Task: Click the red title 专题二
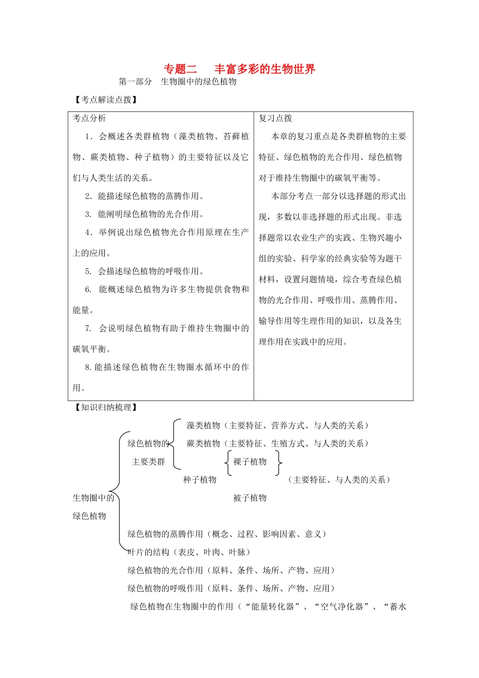pyautogui.click(x=181, y=69)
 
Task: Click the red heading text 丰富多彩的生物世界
pyautogui.click(x=265, y=69)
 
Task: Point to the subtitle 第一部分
pyautogui.click(x=135, y=82)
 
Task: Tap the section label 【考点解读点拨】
pyautogui.click(x=105, y=100)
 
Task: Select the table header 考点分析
pyautogui.click(x=90, y=118)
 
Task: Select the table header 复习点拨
pyautogui.click(x=275, y=118)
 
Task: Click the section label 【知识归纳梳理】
pyautogui.click(x=105, y=408)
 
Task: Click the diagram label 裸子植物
pyautogui.click(x=250, y=462)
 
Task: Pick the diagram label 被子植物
pyautogui.click(x=250, y=498)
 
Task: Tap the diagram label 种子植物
pyautogui.click(x=200, y=480)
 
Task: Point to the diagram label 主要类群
pyautogui.click(x=148, y=462)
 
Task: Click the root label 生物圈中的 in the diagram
pyautogui.click(x=94, y=498)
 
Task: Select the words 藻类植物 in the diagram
pyautogui.click(x=203, y=426)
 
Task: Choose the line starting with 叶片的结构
pyautogui.click(x=189, y=552)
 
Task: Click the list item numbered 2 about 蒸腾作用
pyautogui.click(x=145, y=196)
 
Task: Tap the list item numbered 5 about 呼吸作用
pyautogui.click(x=145, y=271)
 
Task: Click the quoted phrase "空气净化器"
pyautogui.click(x=342, y=607)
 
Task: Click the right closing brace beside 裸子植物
pyautogui.click(x=278, y=462)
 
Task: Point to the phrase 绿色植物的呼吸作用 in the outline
pyautogui.click(x=165, y=589)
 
